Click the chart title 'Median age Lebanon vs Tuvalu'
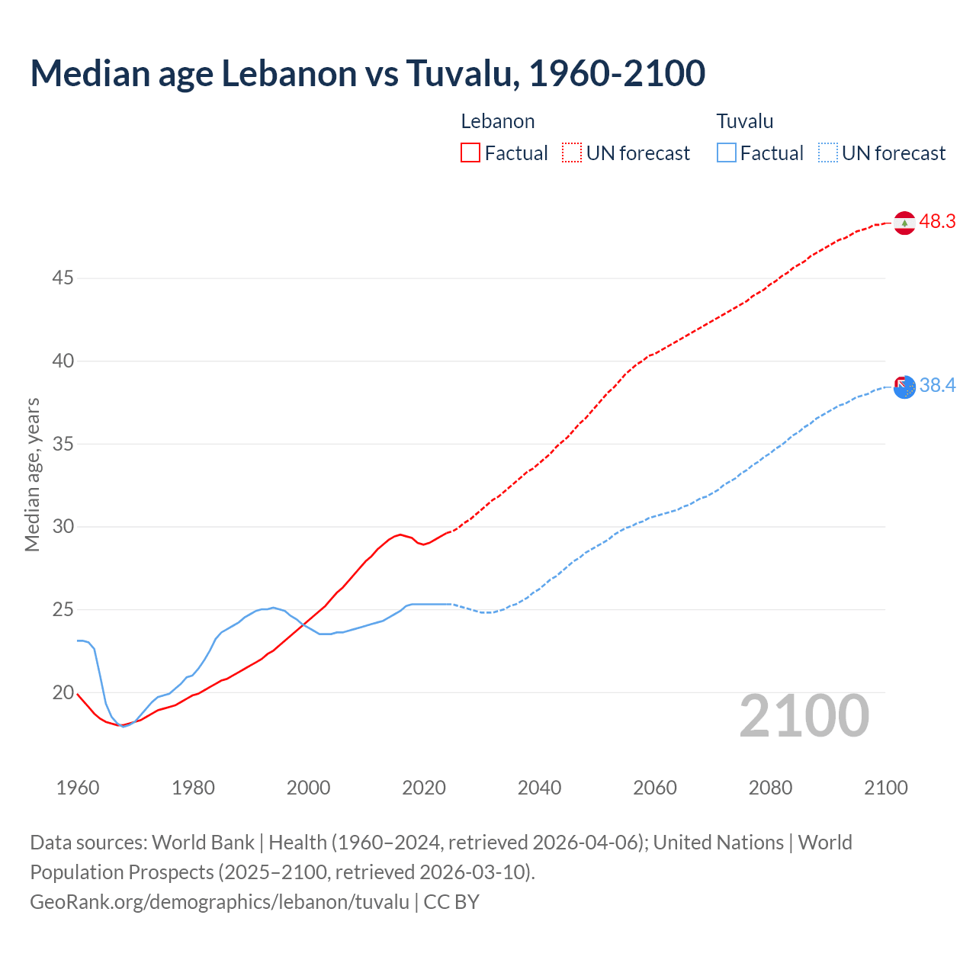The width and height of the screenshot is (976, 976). pyautogui.click(x=368, y=73)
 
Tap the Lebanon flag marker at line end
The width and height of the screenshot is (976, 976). pyautogui.click(x=904, y=223)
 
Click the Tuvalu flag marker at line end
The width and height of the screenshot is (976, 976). pyautogui.click(x=904, y=387)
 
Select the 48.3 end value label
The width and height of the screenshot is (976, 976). pyautogui.click(x=937, y=222)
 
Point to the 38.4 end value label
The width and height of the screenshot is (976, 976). pyautogui.click(x=937, y=386)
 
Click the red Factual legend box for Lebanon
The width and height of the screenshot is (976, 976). pyautogui.click(x=470, y=153)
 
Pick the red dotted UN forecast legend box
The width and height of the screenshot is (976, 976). pyautogui.click(x=572, y=153)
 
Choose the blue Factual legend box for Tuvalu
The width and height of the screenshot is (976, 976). pyautogui.click(x=727, y=153)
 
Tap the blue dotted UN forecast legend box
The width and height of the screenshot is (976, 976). pyautogui.click(x=828, y=153)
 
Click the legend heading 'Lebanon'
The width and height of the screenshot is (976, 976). pyautogui.click(x=498, y=121)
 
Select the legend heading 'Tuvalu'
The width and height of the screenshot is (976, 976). pyautogui.click(x=745, y=121)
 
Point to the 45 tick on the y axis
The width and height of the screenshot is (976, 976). pyautogui.click(x=63, y=278)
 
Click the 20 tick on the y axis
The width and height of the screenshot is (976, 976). pyautogui.click(x=63, y=693)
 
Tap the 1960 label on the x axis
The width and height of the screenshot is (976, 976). pyautogui.click(x=78, y=788)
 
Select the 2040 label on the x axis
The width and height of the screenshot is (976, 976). pyautogui.click(x=539, y=788)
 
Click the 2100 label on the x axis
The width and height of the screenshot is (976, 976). pyautogui.click(x=886, y=788)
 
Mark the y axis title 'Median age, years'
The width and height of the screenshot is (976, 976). pyautogui.click(x=32, y=474)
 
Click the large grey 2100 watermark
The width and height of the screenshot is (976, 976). pyautogui.click(x=804, y=716)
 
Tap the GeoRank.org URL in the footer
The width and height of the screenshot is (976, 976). pyautogui.click(x=220, y=902)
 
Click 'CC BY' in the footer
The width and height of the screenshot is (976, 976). pyautogui.click(x=451, y=902)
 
